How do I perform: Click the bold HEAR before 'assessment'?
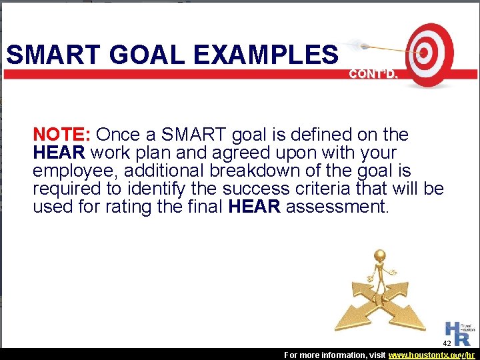[x=254, y=207]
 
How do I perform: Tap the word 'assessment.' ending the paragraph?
[x=337, y=207]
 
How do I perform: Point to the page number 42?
[x=447, y=343]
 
